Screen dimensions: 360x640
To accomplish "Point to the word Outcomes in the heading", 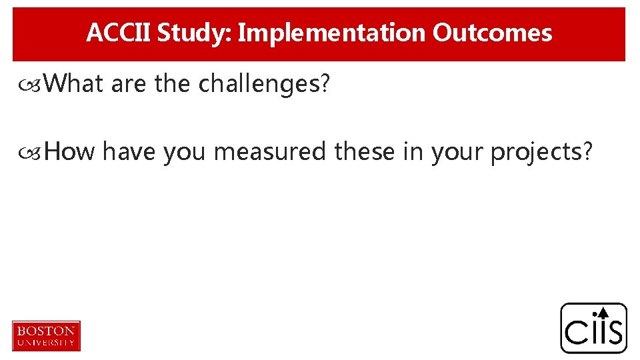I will (x=492, y=33).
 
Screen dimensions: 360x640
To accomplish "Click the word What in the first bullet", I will (x=74, y=85).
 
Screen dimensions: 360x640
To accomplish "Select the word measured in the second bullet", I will (x=271, y=153).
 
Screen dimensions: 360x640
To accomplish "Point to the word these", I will (x=365, y=153).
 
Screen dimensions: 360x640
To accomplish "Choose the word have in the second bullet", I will (x=131, y=153).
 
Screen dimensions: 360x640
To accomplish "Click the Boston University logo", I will (x=46, y=335).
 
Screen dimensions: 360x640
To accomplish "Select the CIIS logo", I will (x=593, y=328).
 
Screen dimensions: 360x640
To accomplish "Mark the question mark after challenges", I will (x=325, y=85).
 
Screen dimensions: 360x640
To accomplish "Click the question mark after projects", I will (x=587, y=153).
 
